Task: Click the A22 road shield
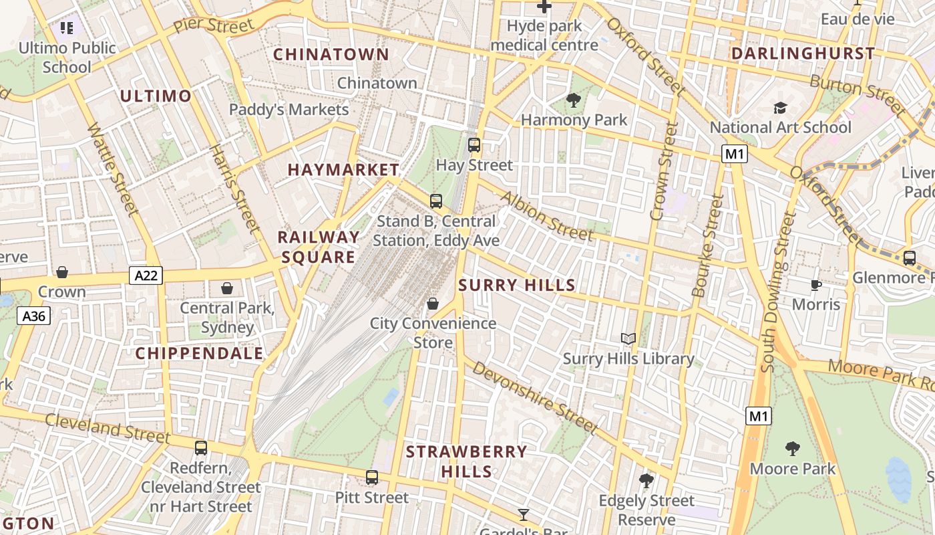[146, 275]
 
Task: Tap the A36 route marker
[34, 316]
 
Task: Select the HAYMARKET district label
[343, 170]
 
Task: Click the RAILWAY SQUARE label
[318, 247]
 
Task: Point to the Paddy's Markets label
[289, 110]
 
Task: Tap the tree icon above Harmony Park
[573, 101]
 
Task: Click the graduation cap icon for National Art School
[779, 108]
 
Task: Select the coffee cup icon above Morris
[815, 286]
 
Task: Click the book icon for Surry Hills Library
[628, 339]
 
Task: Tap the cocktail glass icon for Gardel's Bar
[524, 514]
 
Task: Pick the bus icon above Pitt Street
[372, 477]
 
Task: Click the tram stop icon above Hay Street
[474, 144]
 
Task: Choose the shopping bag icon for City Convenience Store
[433, 304]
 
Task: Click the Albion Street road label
[546, 215]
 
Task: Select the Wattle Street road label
[113, 169]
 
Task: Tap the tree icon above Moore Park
[792, 448]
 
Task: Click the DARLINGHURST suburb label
[802, 53]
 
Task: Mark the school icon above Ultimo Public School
[67, 28]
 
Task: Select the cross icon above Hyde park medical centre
[544, 7]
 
